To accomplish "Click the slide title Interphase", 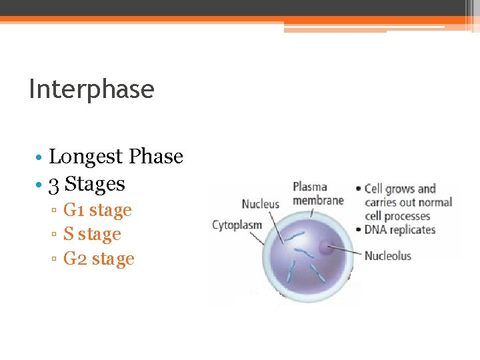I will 91,89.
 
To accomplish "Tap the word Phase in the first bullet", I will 156,157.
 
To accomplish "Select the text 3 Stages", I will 87,183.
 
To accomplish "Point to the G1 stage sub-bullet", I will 97,210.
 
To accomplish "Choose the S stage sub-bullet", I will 92,234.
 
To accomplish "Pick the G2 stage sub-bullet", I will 99,259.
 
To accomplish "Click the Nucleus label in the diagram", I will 260,204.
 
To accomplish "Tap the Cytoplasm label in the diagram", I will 237,225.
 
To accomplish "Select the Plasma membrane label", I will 318,193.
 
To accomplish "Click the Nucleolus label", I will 388,255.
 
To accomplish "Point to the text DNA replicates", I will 400,230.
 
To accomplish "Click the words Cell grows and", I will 400,189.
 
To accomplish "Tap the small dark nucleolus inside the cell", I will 326,248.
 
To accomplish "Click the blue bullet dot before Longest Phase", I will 40,157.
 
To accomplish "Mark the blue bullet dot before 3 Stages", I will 40,184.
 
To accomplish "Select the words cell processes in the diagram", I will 397,216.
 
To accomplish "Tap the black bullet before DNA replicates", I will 360,230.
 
